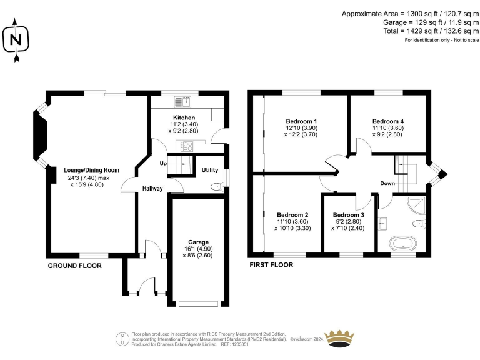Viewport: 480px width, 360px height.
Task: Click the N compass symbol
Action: click(x=16, y=40)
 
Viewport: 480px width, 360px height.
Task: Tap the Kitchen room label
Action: click(x=184, y=117)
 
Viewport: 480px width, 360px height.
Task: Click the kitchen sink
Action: click(x=182, y=102)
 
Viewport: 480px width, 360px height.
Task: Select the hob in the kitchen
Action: click(x=187, y=146)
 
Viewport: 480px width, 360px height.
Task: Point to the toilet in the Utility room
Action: click(x=217, y=187)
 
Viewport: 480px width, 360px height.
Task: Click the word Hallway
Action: click(x=152, y=189)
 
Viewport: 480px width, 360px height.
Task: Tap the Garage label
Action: click(x=198, y=242)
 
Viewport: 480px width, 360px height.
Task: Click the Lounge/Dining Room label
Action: click(x=91, y=170)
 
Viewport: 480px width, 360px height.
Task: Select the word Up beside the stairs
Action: click(x=163, y=164)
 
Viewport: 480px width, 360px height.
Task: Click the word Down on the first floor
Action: click(x=387, y=183)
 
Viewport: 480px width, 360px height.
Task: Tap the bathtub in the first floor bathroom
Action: click(x=403, y=244)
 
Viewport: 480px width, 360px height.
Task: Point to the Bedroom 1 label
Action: click(x=301, y=121)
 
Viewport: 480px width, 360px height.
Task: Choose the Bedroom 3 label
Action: click(x=349, y=215)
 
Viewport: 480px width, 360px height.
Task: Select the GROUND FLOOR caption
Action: click(x=75, y=266)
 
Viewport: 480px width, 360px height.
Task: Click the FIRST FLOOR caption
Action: click(x=271, y=265)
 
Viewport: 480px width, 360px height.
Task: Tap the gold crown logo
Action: click(x=339, y=339)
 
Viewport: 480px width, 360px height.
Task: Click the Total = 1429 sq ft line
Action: click(x=431, y=31)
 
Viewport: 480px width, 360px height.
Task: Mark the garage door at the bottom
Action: click(x=198, y=304)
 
